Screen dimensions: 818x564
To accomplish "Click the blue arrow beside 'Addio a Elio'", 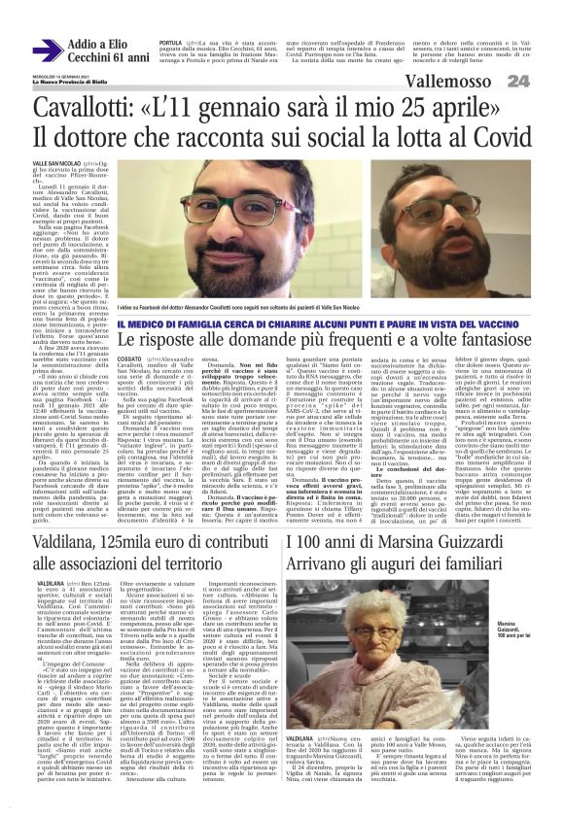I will coord(48,49).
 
